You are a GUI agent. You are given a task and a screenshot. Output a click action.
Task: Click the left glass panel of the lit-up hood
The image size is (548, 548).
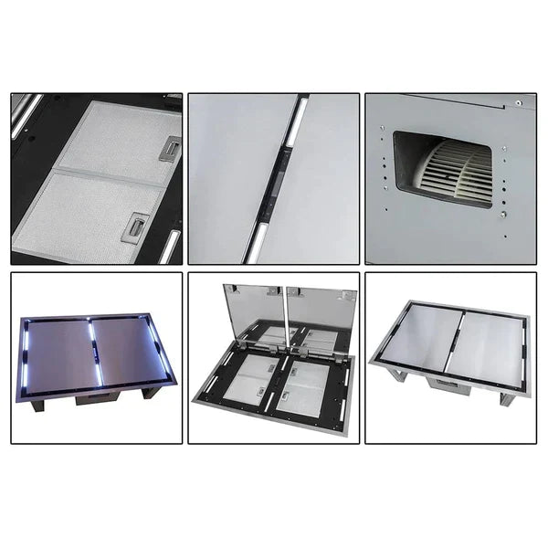tap(60, 351)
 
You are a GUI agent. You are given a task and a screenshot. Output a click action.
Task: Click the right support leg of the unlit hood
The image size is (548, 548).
tap(506, 399)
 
